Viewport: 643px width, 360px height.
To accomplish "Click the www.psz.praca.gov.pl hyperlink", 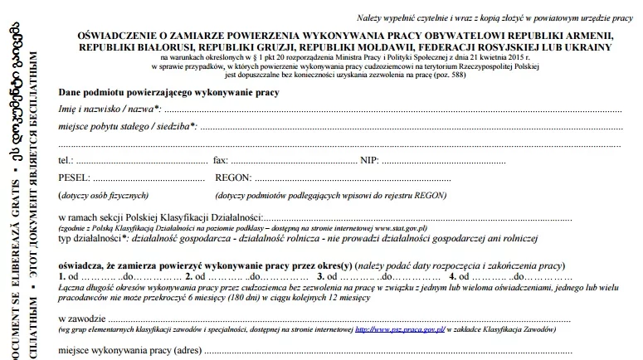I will point(401,330).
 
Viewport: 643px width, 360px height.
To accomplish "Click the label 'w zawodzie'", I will point(82,319).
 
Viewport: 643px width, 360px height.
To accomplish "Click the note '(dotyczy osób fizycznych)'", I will point(97,195).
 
